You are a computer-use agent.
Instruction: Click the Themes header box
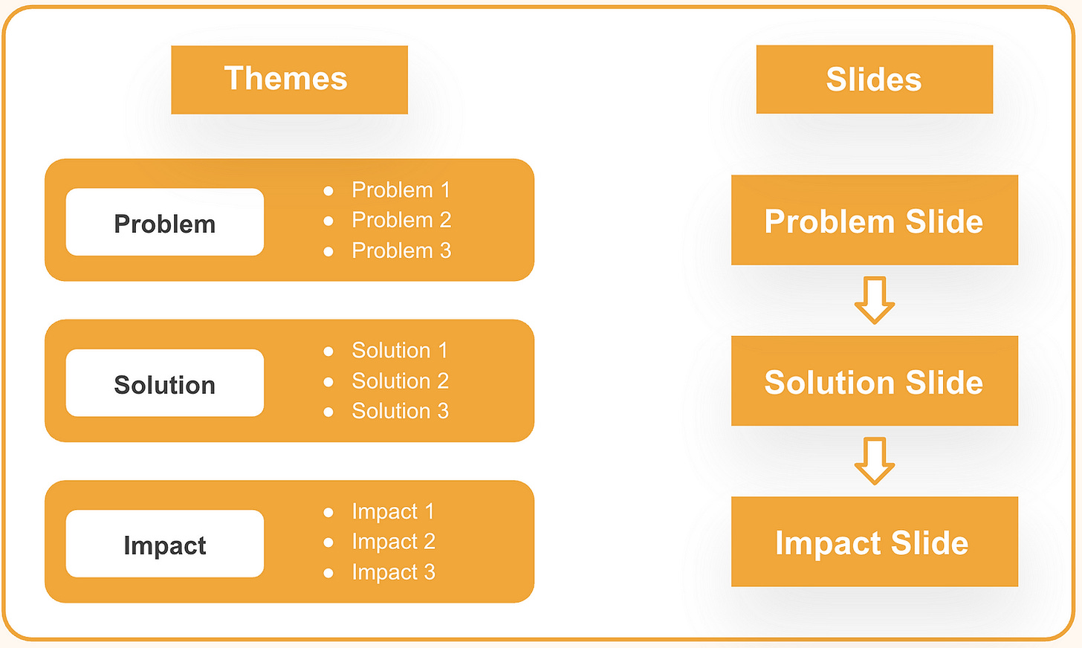(289, 80)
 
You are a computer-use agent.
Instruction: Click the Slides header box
(874, 80)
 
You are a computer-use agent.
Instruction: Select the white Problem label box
(164, 222)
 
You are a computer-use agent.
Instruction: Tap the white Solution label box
(164, 383)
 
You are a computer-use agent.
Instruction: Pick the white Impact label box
(164, 544)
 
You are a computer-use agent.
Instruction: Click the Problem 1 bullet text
(401, 190)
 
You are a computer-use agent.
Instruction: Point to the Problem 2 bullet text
(401, 220)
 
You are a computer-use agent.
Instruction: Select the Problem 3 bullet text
(401, 250)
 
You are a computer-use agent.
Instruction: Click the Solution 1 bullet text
(400, 350)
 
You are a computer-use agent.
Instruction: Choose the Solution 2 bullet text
(400, 380)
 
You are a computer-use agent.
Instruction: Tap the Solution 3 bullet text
(400, 411)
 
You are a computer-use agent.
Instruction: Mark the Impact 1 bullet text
(392, 511)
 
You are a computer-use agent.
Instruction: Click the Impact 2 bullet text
(393, 542)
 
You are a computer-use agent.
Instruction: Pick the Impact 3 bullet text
(393, 572)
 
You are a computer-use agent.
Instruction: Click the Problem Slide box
(874, 220)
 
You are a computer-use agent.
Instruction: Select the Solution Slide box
(874, 380)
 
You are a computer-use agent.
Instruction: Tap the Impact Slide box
(874, 542)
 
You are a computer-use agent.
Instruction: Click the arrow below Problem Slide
(875, 300)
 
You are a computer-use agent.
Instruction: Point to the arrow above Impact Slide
(875, 461)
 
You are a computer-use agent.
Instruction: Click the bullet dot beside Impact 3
(328, 573)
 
